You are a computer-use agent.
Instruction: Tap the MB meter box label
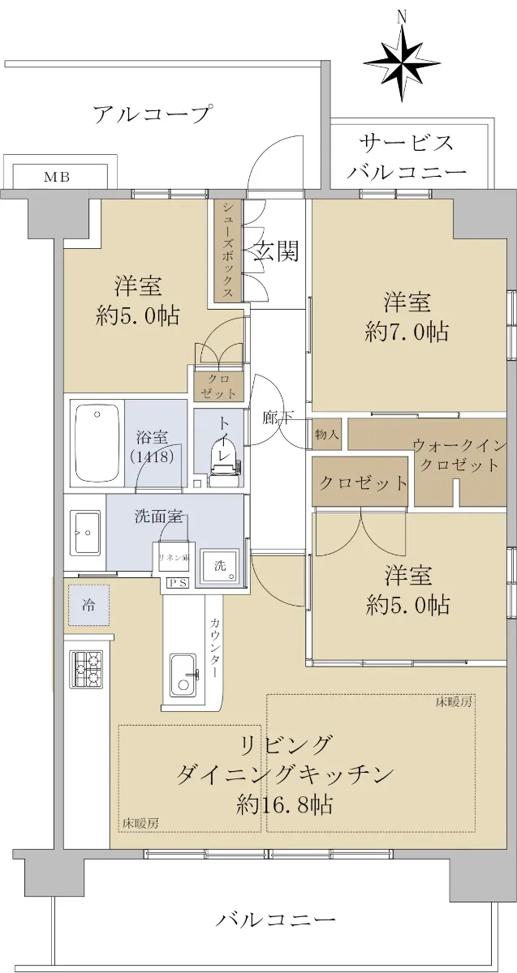coord(57,177)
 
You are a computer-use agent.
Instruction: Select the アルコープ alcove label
coord(153,114)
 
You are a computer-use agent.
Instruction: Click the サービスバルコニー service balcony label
coord(406,156)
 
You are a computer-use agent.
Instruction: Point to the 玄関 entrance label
coord(277,251)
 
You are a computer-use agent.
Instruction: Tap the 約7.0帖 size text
coord(407,332)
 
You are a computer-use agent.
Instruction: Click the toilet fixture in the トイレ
coord(223,464)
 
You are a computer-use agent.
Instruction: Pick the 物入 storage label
coord(326,434)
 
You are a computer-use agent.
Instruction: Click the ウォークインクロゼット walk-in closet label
coord(459,454)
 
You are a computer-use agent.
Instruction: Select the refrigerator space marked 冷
coord(88,605)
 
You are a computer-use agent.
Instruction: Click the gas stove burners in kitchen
coord(86,670)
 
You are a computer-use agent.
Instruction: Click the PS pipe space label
coord(179,583)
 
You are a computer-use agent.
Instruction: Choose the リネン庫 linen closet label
coord(174,558)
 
